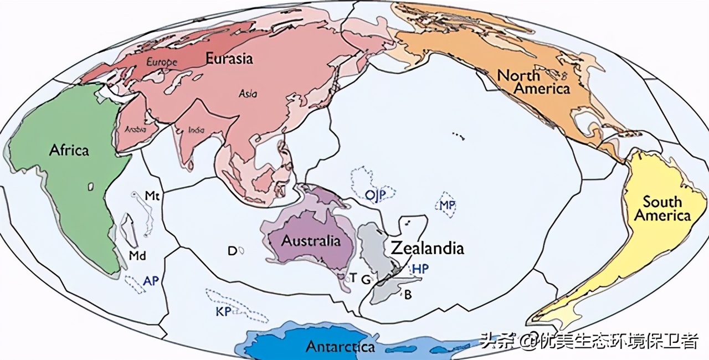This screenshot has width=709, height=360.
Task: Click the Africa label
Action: (x=69, y=150)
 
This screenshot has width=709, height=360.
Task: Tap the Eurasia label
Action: (x=229, y=58)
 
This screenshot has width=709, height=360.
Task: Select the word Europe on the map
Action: (x=162, y=62)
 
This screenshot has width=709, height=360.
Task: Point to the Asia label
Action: (x=248, y=93)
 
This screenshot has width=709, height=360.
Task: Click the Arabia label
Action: (x=136, y=129)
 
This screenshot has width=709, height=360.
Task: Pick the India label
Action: (x=196, y=130)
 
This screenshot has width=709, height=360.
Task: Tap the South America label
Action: (x=662, y=208)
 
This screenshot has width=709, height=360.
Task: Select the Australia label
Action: (x=311, y=241)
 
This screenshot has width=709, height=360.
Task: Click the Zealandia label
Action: (x=427, y=248)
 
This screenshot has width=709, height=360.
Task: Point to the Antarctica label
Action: (x=340, y=347)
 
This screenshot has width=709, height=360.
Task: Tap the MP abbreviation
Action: (x=448, y=205)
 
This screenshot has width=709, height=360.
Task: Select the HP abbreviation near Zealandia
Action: (x=421, y=269)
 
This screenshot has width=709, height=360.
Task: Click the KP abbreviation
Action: (x=223, y=311)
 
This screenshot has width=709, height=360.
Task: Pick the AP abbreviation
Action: (x=151, y=281)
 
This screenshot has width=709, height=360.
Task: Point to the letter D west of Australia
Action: (x=232, y=251)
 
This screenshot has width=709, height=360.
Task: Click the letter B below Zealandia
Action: (x=408, y=295)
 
